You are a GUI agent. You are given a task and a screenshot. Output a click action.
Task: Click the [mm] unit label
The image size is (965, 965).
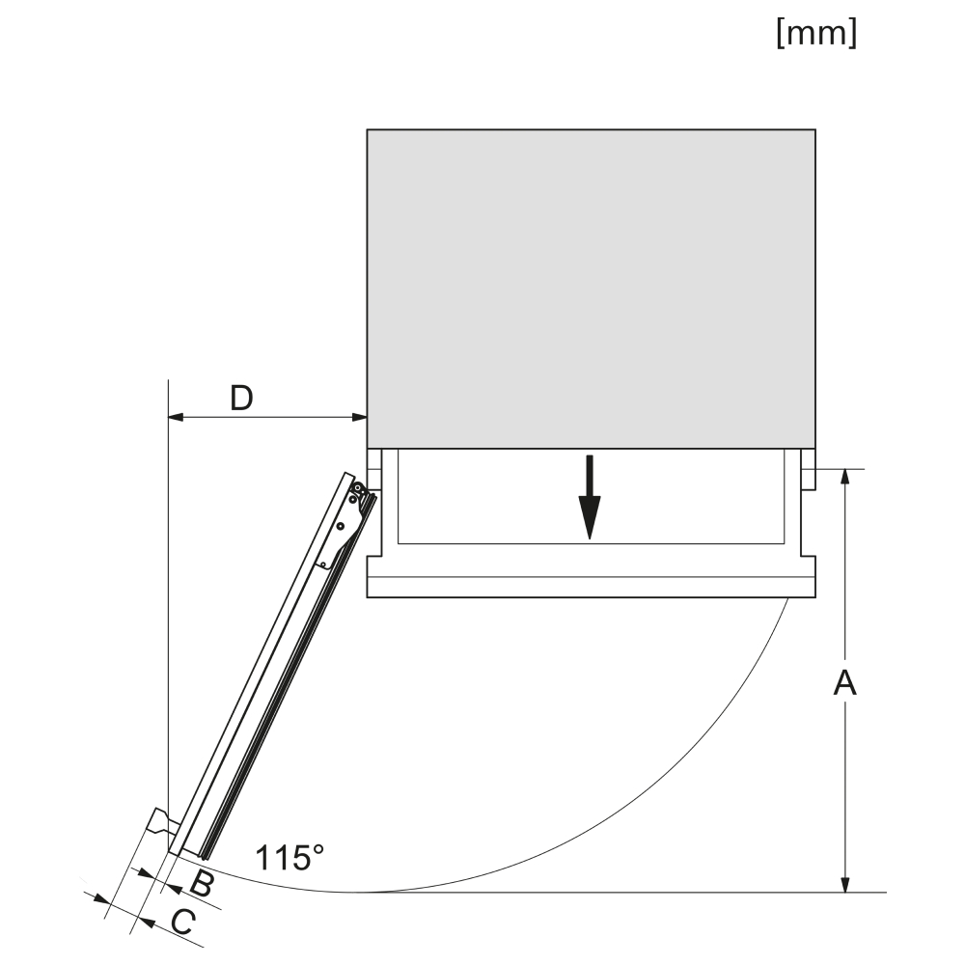pos(816,32)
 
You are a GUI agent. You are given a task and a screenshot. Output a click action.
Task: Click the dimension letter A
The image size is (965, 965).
pos(845,683)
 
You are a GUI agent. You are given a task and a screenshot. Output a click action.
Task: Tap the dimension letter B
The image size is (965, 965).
pos(202,884)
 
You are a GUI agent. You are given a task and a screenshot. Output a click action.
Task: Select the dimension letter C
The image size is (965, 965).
pos(183,922)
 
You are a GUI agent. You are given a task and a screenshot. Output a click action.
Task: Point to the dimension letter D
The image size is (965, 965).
pos(241,399)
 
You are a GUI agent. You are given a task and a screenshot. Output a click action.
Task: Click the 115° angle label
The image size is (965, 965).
pos(289,857)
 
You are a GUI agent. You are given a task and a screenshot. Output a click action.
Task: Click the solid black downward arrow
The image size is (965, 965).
pos(590,497)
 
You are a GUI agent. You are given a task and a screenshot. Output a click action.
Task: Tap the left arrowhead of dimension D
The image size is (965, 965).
pos(176,417)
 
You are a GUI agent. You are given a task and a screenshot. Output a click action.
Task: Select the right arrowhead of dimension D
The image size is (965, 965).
pos(359,417)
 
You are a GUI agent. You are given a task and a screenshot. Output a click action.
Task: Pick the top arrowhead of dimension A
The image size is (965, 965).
pos(845,477)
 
